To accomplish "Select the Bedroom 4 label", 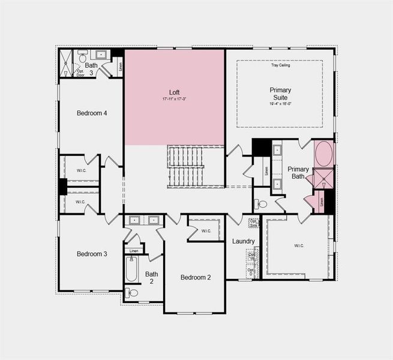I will point(92,113).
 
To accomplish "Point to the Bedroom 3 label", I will point(92,254).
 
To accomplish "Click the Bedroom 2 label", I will point(196,277).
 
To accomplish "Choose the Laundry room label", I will point(244,241).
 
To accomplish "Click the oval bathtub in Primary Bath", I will point(324,154).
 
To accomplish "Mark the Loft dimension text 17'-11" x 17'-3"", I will point(175,99).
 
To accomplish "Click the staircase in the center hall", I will point(186,167).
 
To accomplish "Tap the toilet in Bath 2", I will point(131,293).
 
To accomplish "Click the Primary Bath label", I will point(298,173).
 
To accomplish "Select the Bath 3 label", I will point(91,69).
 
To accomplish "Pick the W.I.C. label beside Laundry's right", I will point(298,245).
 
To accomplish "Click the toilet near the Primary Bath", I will point(261,204).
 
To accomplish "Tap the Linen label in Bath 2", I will point(133,251).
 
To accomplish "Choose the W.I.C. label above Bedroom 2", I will point(206,230).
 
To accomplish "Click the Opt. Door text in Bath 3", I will point(80,73).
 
